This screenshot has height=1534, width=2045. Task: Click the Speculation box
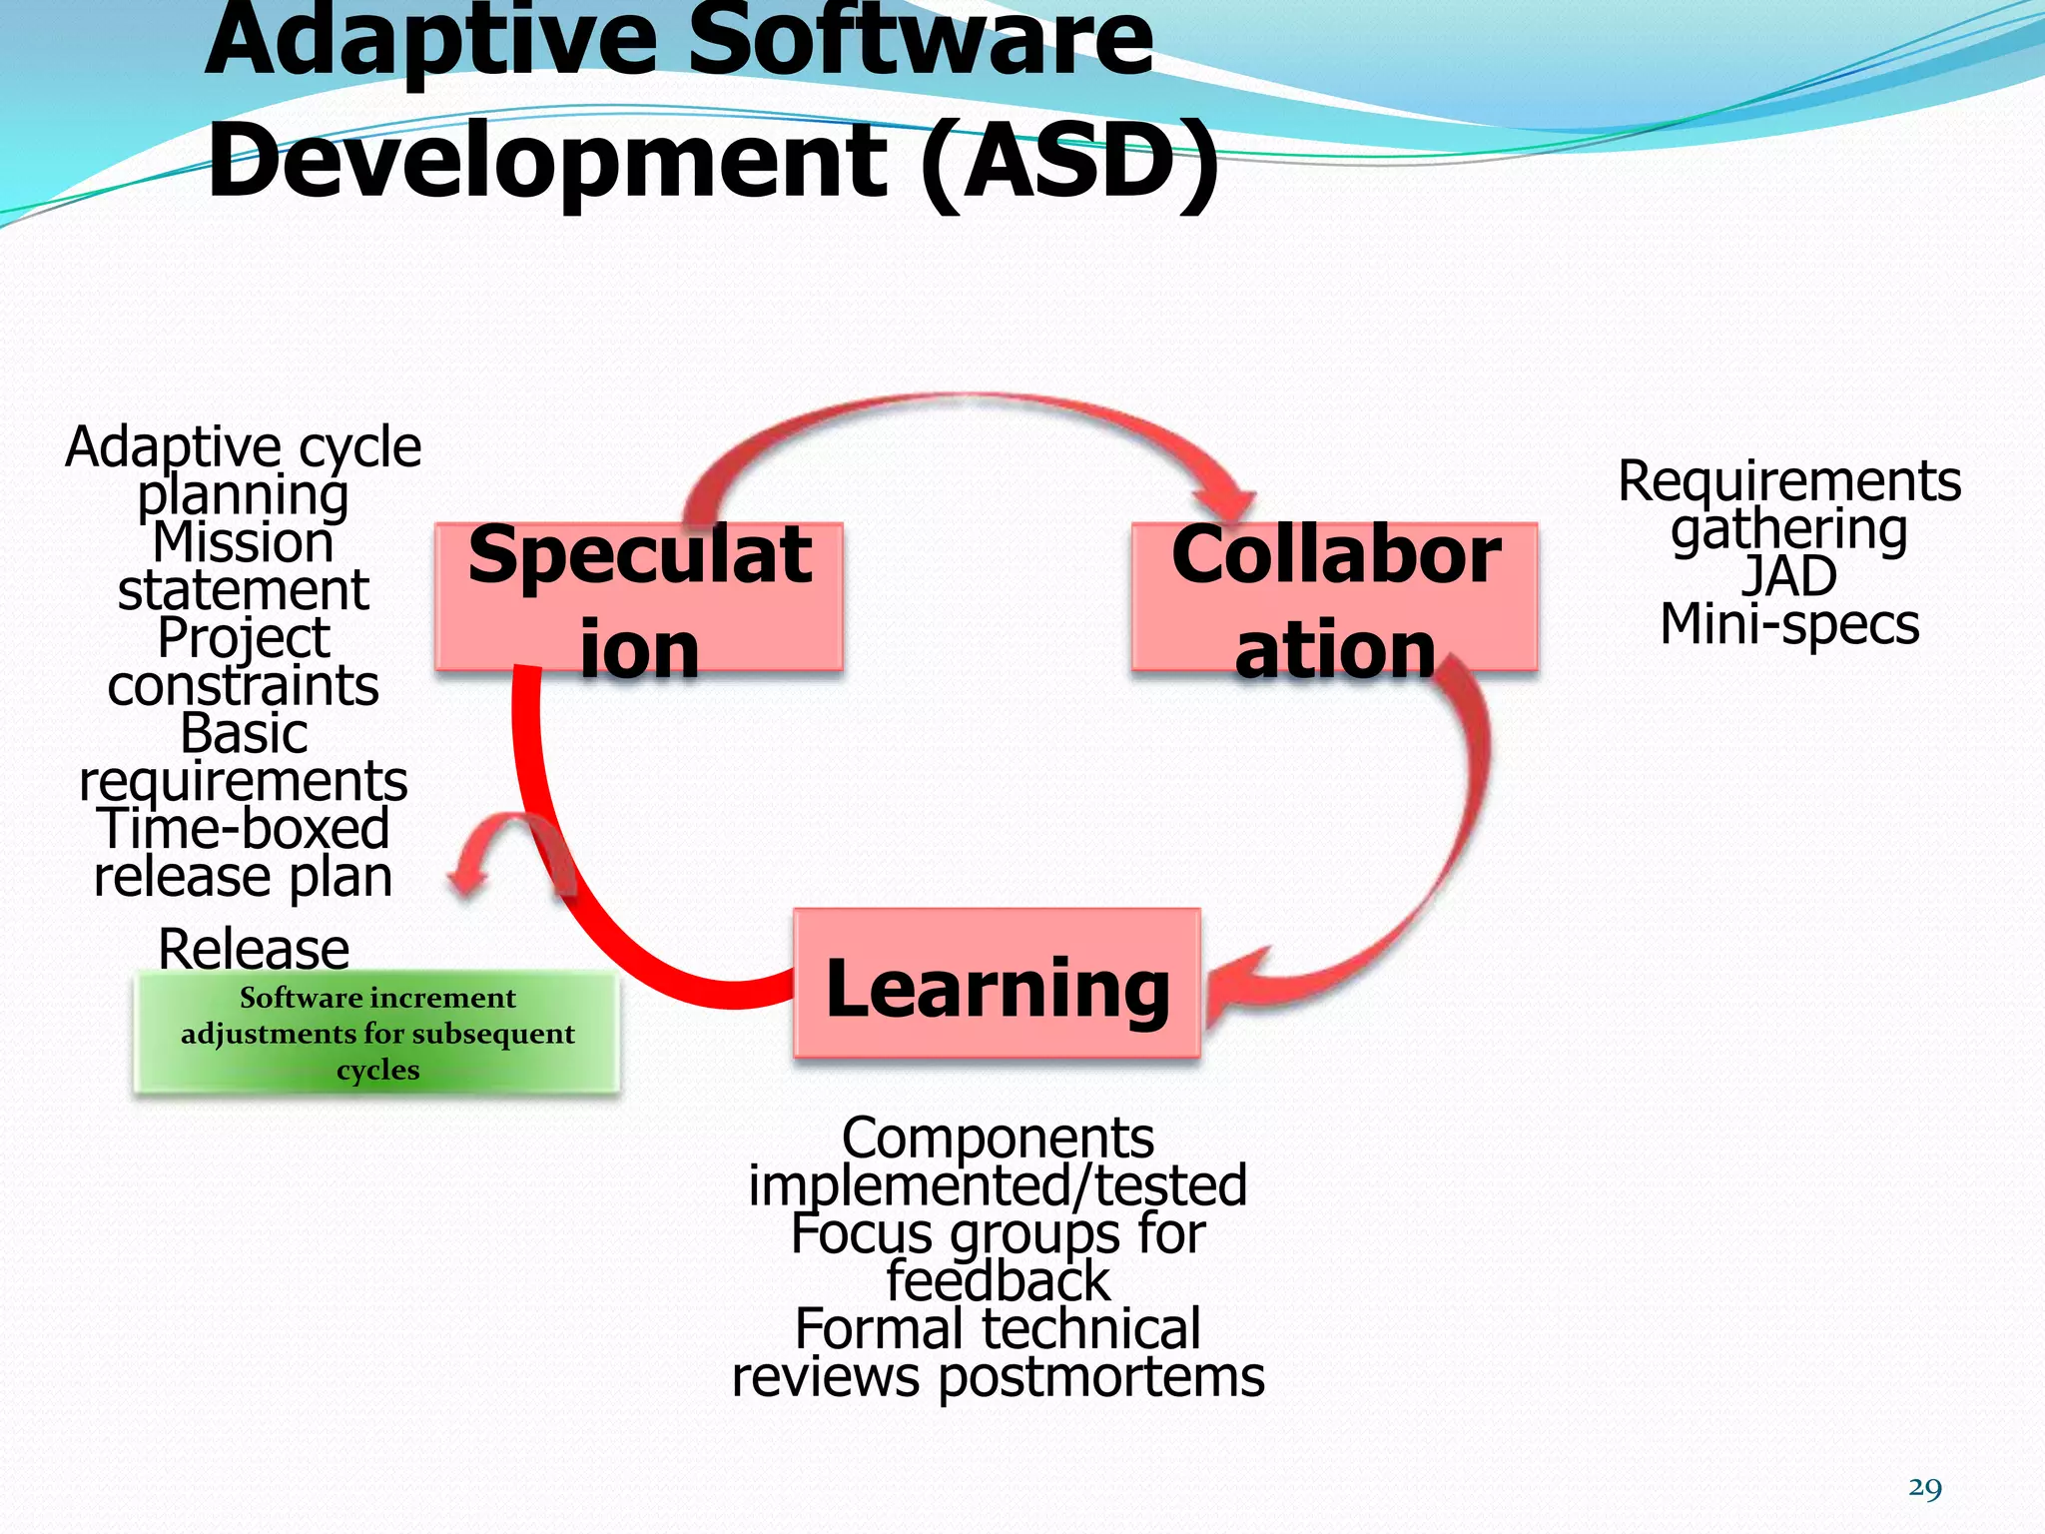639,597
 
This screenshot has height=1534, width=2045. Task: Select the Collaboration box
1335,597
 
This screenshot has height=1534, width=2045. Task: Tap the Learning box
997,984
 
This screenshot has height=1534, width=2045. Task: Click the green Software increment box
377,1033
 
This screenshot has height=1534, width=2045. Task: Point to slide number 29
1924,1488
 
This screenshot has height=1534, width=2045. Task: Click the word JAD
1788,576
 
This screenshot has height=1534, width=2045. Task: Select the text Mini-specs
1788,624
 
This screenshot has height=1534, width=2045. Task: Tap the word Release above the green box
254,948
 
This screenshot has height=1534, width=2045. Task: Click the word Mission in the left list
243,542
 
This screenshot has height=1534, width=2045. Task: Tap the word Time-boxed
243,828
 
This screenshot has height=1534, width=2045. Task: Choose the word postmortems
1100,1377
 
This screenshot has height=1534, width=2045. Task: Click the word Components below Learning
997,1138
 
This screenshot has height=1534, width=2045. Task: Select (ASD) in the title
1068,160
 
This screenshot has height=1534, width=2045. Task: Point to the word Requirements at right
1788,481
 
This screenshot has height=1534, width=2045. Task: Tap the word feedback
997,1281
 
